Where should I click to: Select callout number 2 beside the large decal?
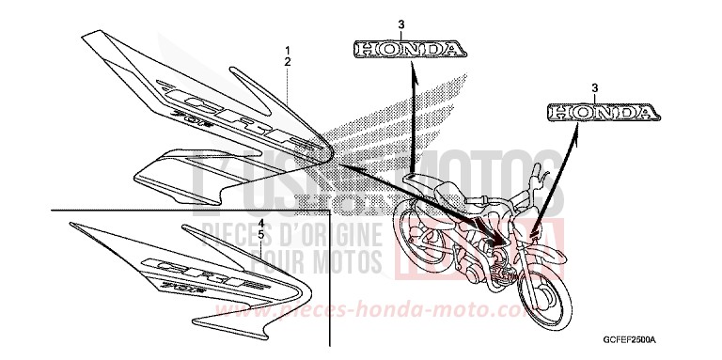(x=289, y=61)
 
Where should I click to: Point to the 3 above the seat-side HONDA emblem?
(x=405, y=23)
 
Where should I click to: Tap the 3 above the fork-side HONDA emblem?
(x=595, y=86)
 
